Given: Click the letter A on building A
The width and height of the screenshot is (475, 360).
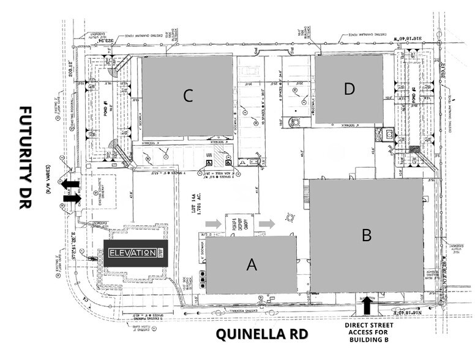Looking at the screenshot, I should (x=251, y=264).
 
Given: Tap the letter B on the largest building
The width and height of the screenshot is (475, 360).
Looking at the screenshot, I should (x=367, y=234).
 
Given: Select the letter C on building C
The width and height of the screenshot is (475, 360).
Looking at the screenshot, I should (x=188, y=96).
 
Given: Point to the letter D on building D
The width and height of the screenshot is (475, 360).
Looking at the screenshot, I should (x=349, y=89).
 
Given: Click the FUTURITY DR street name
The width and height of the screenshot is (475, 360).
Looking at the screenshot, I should (x=25, y=157).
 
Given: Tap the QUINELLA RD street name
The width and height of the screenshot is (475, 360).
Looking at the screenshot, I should (x=262, y=334).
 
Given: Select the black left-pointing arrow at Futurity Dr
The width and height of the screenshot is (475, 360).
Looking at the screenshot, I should (x=70, y=184).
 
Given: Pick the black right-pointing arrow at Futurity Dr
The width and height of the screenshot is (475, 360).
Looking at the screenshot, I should (x=72, y=198).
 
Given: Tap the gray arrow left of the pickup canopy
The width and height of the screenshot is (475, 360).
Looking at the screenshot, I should (x=213, y=223).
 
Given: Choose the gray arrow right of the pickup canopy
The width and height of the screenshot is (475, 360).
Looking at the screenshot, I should (x=266, y=223).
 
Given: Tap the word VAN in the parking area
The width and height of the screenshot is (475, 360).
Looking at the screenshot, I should (x=209, y=155).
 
